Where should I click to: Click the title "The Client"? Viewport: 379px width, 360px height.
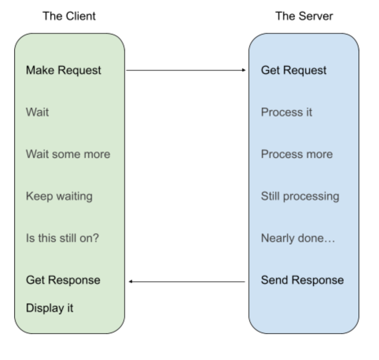click(69, 16)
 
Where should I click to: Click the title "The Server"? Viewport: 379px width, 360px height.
click(304, 16)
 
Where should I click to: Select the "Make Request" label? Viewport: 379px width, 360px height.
click(63, 70)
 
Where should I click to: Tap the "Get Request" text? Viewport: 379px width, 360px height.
click(294, 70)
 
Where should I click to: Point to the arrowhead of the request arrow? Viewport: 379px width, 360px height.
click(244, 70)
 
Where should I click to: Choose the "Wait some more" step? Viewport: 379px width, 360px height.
click(68, 154)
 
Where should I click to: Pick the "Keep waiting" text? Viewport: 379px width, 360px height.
click(59, 196)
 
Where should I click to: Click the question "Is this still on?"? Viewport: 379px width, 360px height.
click(62, 238)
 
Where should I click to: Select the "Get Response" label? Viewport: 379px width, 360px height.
click(63, 280)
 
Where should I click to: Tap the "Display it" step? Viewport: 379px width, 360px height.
click(50, 308)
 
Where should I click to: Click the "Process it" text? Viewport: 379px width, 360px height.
click(286, 112)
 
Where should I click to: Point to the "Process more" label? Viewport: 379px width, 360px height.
click(296, 154)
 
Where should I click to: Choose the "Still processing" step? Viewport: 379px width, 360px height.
click(300, 196)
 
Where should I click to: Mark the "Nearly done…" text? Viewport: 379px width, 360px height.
click(298, 238)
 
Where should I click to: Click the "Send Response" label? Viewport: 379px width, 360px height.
click(302, 280)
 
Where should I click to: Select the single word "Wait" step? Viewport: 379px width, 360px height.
click(37, 112)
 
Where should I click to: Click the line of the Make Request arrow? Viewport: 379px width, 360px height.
click(185, 70)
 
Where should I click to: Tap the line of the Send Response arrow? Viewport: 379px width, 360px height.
click(189, 281)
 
